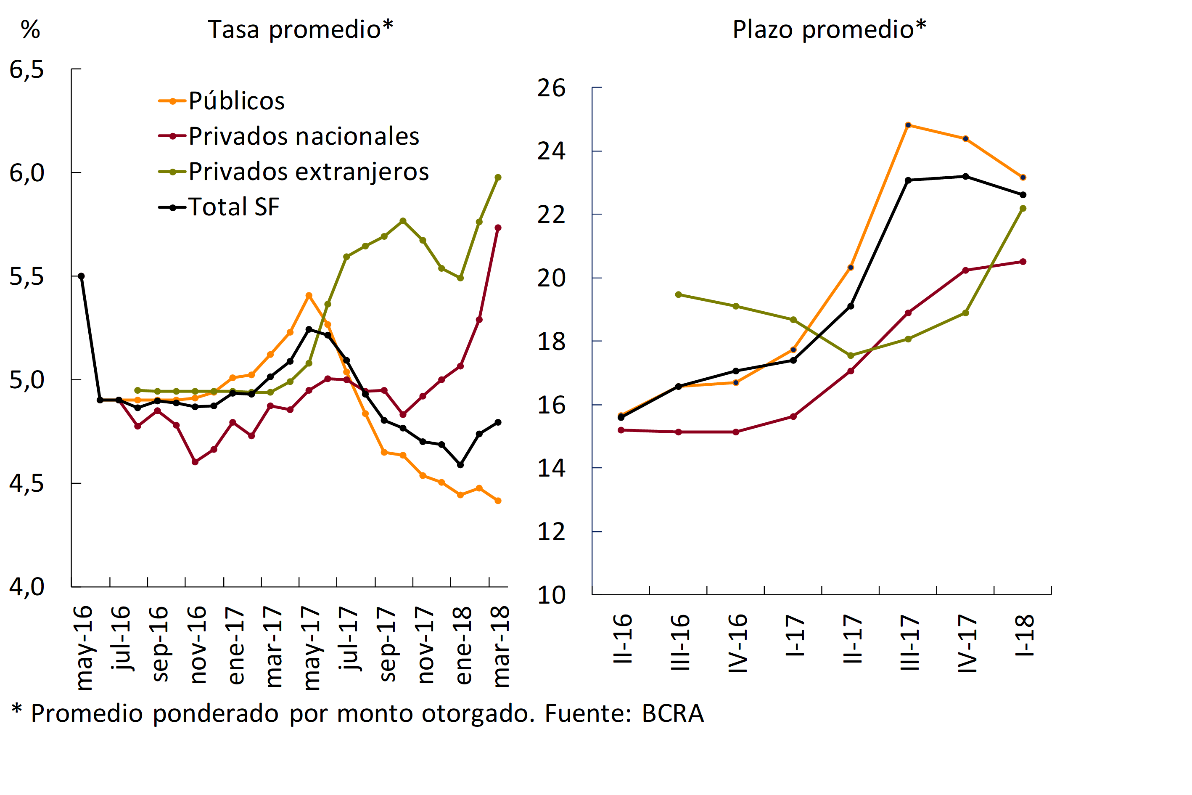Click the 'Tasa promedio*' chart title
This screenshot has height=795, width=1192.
[300, 29]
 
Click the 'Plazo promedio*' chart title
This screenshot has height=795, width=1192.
[829, 29]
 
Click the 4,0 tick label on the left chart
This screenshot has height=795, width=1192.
[27, 587]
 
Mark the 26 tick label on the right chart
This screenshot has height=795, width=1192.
[551, 88]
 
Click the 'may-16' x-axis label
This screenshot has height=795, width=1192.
[84, 647]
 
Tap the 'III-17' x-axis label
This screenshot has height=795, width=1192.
[910, 642]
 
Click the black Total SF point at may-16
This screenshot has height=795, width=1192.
[81, 276]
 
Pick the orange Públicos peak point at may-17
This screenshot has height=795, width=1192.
[309, 295]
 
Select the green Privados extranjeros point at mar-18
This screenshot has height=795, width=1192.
[498, 178]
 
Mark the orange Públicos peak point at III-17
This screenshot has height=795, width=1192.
[908, 125]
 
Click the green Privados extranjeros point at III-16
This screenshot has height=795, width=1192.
[678, 294]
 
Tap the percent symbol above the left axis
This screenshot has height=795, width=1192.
[30, 29]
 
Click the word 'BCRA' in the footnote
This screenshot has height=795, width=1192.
[673, 713]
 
